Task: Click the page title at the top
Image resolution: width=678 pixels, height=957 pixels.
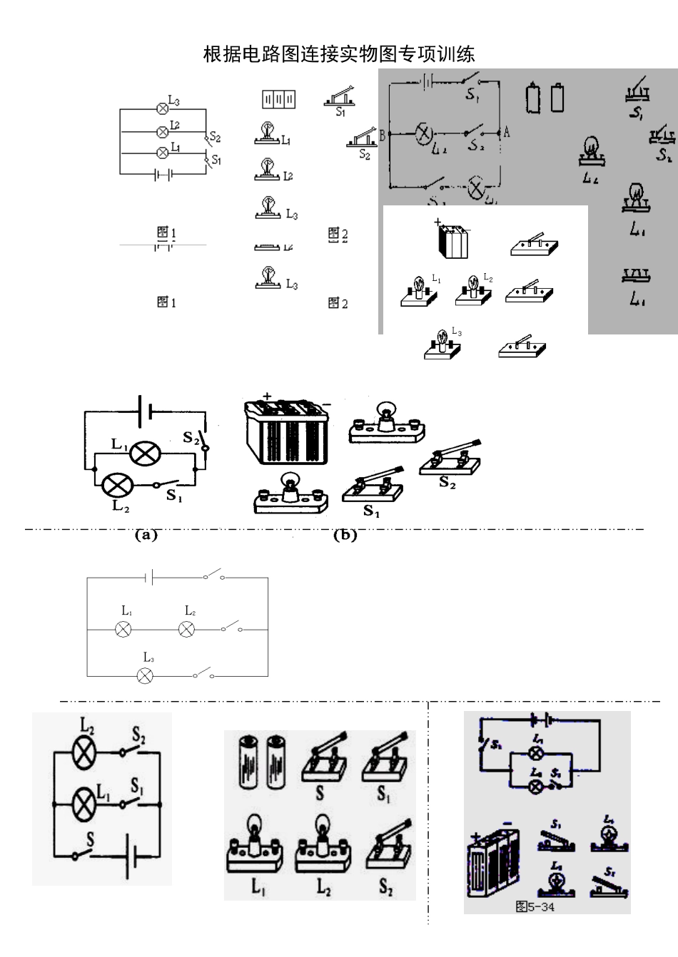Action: click(339, 54)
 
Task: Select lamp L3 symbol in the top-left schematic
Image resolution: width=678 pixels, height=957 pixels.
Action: click(162, 108)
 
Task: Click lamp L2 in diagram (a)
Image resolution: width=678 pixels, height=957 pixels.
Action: click(114, 486)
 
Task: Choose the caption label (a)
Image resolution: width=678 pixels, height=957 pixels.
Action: click(146, 535)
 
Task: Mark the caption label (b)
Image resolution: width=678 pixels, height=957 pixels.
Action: click(345, 535)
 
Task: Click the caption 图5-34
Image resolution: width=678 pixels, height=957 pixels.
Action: click(535, 906)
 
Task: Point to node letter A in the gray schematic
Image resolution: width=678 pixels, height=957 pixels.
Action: click(507, 133)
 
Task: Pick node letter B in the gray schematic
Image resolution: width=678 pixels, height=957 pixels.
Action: click(383, 134)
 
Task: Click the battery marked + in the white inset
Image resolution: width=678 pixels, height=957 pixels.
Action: click(452, 240)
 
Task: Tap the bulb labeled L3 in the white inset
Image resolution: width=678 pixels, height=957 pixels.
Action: click(442, 344)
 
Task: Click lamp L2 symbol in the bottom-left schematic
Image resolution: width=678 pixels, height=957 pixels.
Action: click(85, 752)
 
